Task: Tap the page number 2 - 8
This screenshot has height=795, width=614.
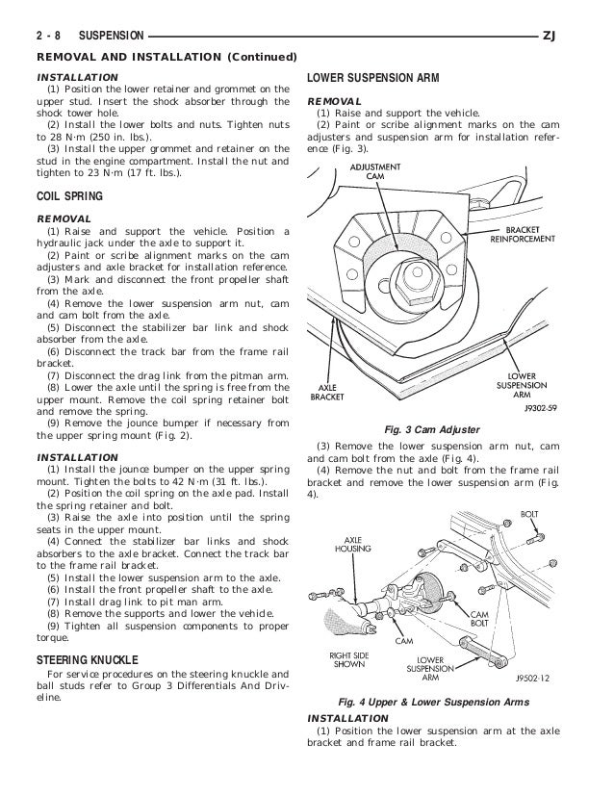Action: pos(48,36)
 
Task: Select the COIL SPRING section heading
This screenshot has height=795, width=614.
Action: pos(68,199)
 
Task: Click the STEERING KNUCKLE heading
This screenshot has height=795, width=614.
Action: pos(87,660)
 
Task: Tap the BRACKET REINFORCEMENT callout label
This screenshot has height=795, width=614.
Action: pos(523,234)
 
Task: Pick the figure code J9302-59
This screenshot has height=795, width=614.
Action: pos(528,407)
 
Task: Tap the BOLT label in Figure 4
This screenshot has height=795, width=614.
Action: pos(529,514)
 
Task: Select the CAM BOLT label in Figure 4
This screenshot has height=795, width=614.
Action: pos(477,619)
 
